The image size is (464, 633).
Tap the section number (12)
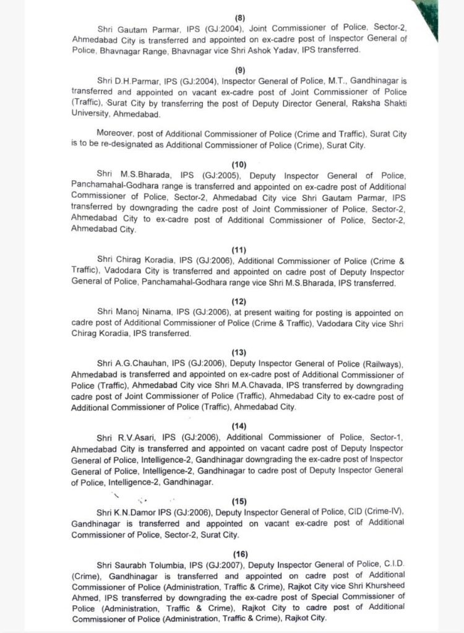(239, 301)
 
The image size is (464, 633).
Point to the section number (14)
(239, 426)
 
